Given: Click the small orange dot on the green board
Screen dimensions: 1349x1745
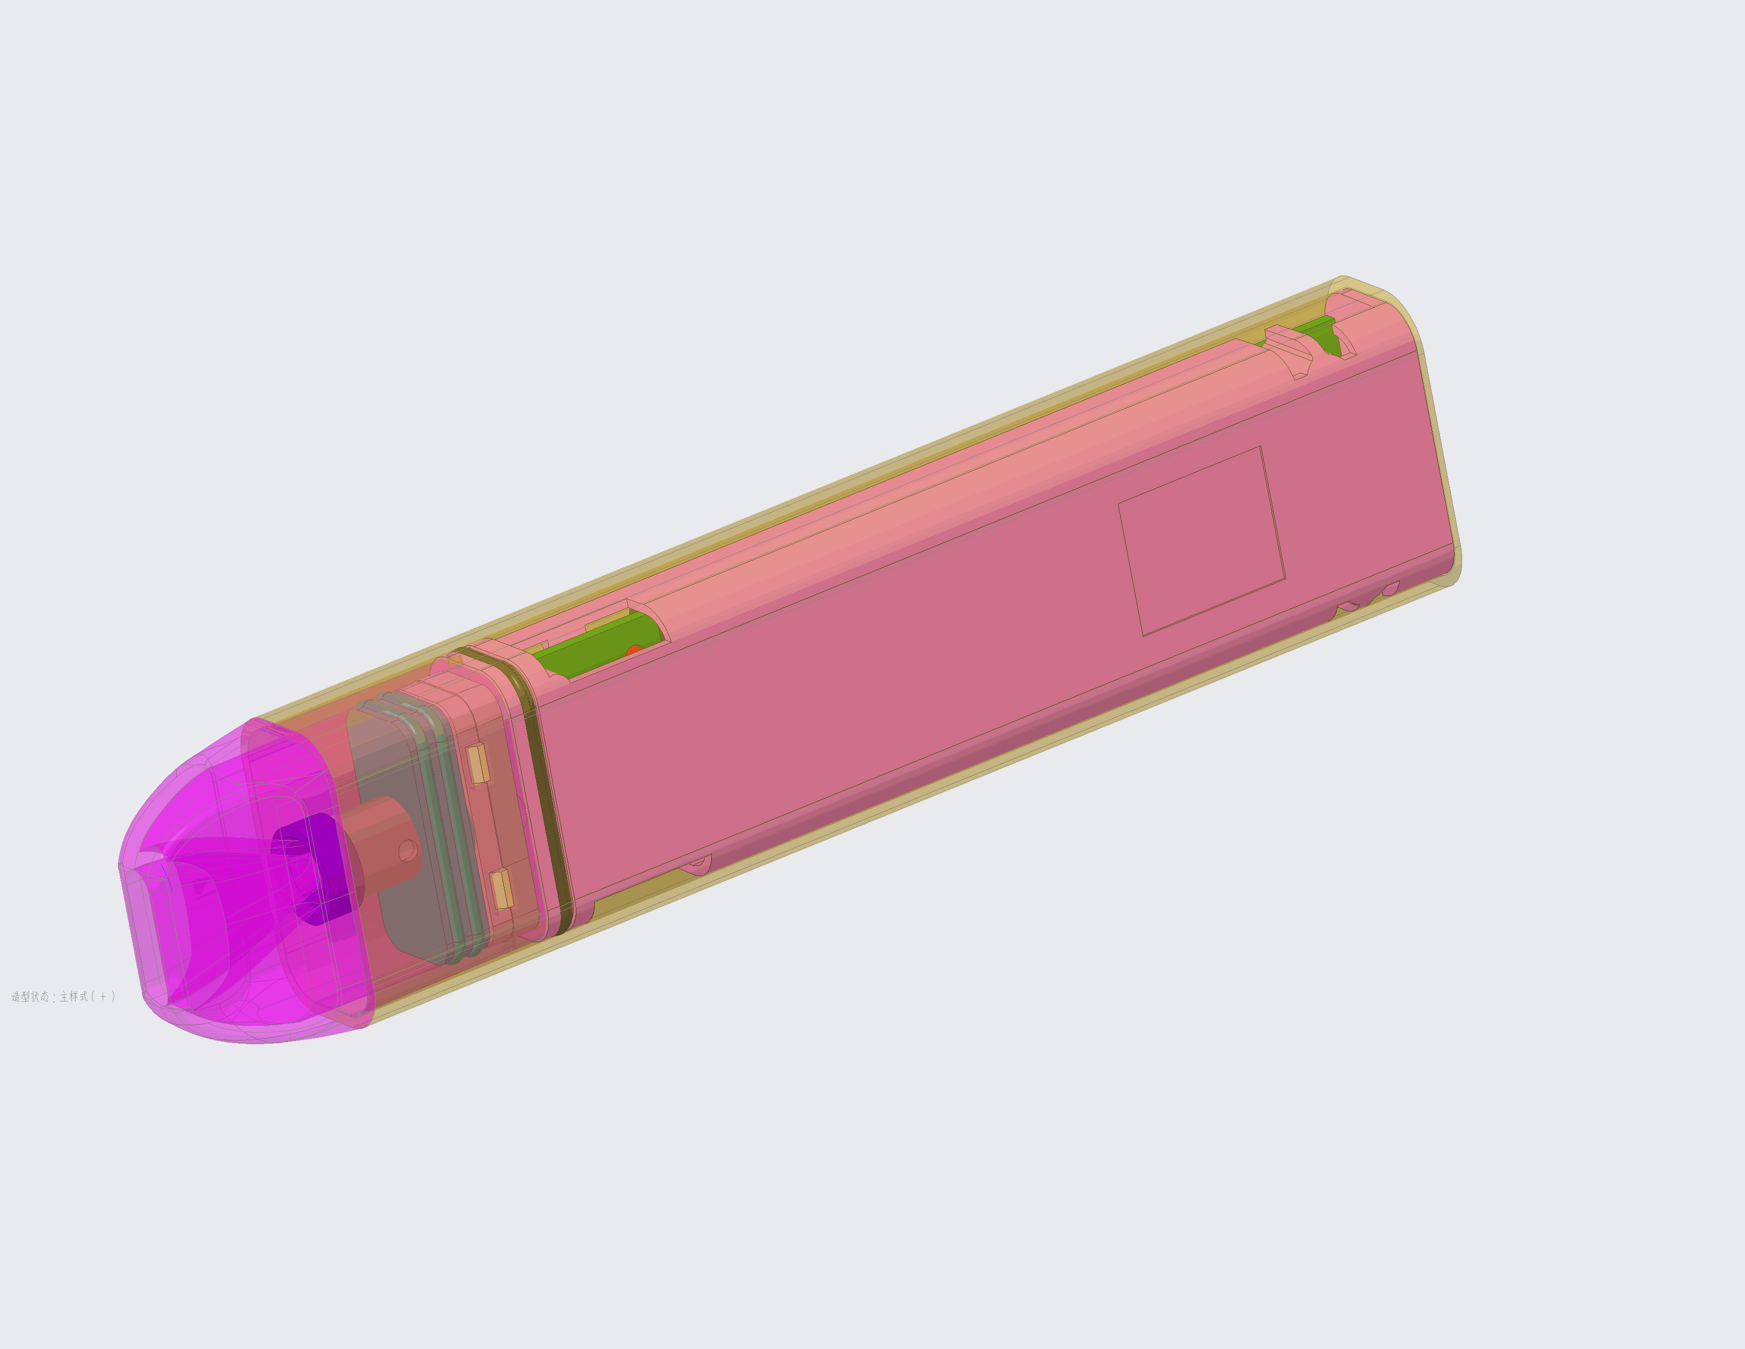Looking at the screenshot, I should [x=633, y=651].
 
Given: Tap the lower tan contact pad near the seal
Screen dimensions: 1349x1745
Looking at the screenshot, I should [x=502, y=889].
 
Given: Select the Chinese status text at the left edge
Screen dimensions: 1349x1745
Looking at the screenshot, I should [x=63, y=997].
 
